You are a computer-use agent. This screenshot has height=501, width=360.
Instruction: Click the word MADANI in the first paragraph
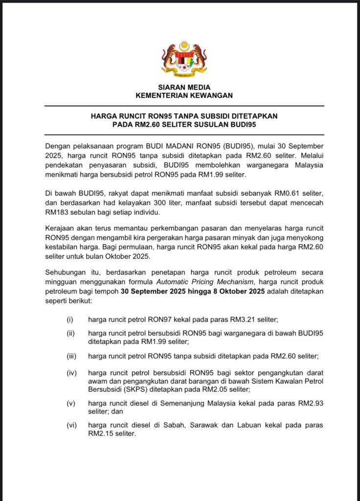click(x=170, y=146)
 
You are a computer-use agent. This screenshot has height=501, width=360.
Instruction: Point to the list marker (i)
click(x=69, y=319)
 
